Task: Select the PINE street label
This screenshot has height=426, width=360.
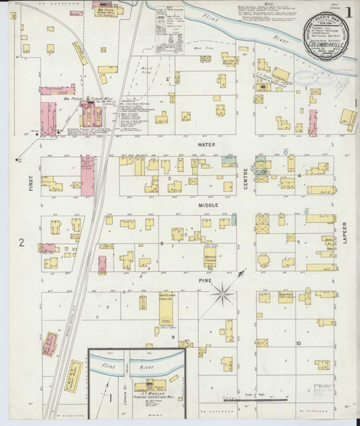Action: (x=198, y=280)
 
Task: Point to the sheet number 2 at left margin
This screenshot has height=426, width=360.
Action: (x=22, y=243)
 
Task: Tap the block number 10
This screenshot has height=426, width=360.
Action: (x=299, y=343)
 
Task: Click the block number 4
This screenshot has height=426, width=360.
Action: (x=300, y=175)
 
